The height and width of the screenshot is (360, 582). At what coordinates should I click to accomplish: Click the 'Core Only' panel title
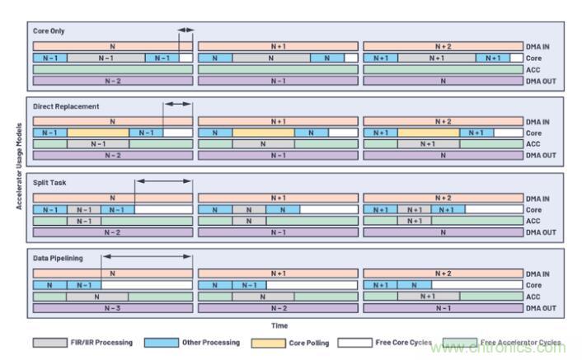click(49, 31)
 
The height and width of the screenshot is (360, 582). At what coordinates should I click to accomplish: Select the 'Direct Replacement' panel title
click(66, 106)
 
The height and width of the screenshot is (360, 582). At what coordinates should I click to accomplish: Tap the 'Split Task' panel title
click(49, 182)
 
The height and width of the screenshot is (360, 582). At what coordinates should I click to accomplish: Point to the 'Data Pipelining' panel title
click(58, 258)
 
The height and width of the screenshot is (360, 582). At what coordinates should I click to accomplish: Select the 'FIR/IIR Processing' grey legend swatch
click(50, 343)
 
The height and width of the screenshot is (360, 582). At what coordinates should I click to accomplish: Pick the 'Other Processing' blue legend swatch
click(161, 343)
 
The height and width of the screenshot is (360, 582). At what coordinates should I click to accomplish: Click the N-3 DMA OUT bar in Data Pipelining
click(112, 308)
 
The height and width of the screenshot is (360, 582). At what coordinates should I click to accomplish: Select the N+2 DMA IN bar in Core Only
click(443, 47)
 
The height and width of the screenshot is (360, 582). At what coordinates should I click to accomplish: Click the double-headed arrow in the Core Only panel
click(185, 31)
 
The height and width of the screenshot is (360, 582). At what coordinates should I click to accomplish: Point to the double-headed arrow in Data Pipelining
click(147, 258)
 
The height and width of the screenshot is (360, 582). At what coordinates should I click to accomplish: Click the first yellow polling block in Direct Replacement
click(98, 133)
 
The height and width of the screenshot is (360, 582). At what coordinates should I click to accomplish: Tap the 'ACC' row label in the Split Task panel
click(533, 221)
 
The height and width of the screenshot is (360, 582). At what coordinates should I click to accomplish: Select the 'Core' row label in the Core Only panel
click(535, 58)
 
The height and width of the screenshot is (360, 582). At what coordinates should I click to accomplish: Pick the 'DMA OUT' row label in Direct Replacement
click(540, 156)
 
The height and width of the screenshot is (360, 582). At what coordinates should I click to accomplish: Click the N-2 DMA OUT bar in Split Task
click(112, 232)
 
